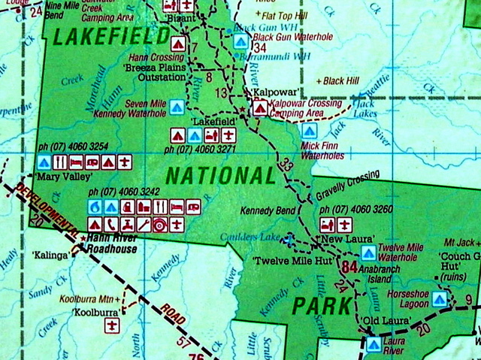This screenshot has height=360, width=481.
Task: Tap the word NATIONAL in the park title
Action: pos(220,176)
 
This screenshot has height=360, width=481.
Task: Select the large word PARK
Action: pos(321,306)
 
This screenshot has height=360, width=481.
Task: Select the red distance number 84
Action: pos(349,267)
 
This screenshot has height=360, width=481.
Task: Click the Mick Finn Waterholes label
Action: pos(322,151)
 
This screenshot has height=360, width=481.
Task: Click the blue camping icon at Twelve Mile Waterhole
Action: pos(368,253)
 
